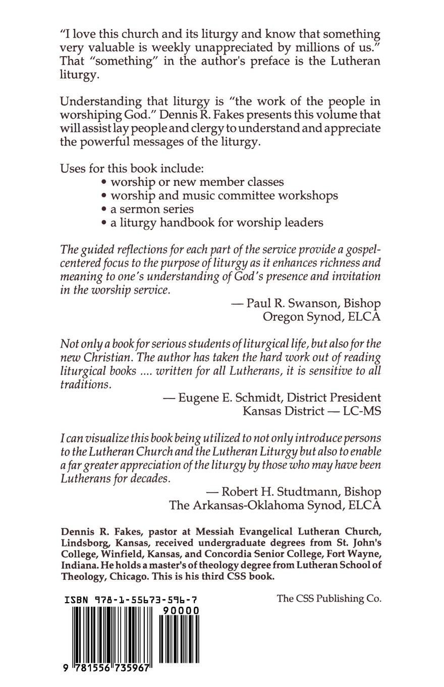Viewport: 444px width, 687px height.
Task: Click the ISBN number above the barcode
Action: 131,600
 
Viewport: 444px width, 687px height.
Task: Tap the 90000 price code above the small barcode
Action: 180,610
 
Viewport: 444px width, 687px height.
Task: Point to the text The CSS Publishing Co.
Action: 329,599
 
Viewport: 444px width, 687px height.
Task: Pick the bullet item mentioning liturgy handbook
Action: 212,223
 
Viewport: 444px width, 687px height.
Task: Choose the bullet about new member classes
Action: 192,182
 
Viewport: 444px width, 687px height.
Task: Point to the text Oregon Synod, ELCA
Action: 321,317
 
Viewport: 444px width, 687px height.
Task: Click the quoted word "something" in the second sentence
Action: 116,61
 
